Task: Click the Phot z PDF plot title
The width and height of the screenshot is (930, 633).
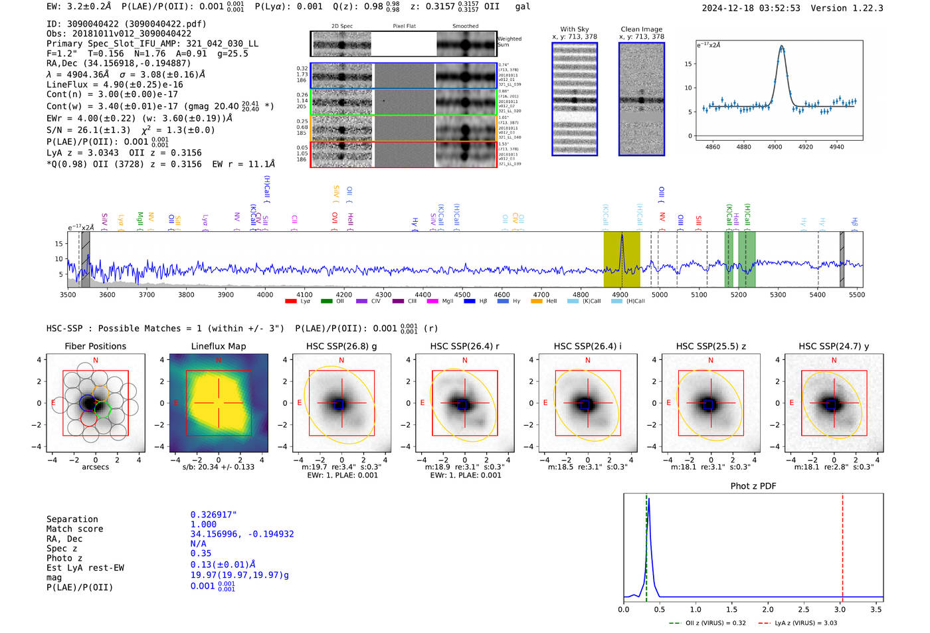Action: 753,486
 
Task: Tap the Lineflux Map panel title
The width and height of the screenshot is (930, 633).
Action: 218,346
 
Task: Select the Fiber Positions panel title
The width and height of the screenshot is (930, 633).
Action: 95,346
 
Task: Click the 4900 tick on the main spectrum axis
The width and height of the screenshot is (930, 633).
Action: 620,294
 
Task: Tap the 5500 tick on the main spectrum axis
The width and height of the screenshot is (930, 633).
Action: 856,294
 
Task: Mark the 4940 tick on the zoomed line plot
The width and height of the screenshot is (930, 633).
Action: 836,147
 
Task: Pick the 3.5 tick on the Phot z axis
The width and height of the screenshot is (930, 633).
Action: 876,609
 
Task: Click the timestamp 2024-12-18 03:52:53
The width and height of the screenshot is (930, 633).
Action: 751,8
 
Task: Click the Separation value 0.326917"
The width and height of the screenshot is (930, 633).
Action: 213,515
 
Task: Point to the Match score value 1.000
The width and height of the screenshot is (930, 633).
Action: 203,525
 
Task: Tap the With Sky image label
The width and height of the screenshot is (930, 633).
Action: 574,29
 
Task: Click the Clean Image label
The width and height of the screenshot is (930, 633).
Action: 641,29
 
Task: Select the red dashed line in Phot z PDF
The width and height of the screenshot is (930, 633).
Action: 842,545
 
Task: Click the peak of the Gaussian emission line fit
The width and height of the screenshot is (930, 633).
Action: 781,46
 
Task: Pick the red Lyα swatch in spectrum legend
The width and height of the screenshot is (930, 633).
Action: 291,302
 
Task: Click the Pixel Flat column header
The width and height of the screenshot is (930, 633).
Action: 404,27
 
